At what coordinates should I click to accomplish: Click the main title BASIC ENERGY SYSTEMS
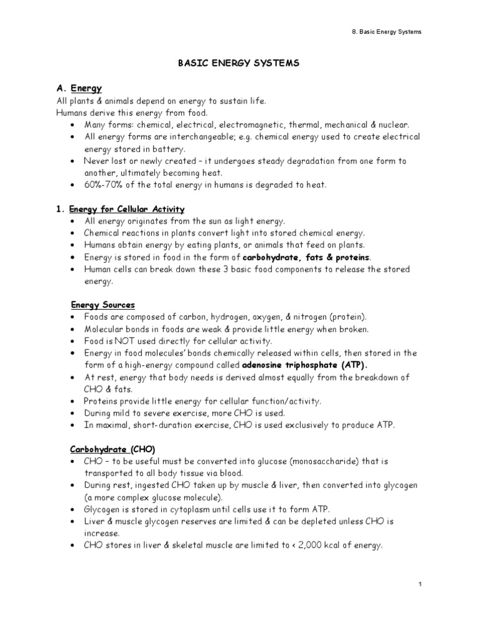pos(238,64)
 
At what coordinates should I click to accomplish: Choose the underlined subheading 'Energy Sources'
pos(102,305)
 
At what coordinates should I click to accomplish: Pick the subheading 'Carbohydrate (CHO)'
pos(111,449)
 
